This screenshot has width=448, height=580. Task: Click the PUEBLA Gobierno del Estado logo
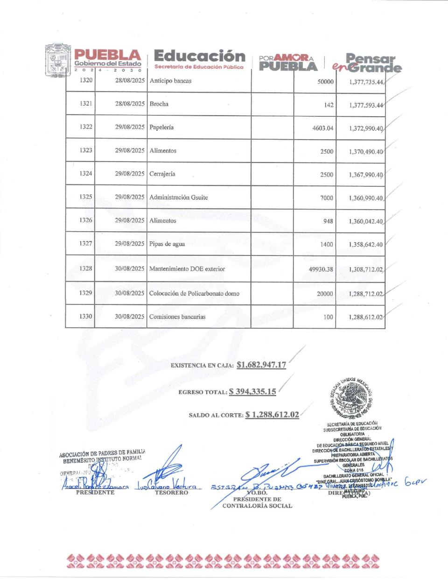pos(107,60)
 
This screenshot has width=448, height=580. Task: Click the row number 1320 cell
pos(86,80)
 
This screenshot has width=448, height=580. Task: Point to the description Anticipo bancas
pos(170,81)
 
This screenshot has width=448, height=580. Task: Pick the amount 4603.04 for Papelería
pos(323,128)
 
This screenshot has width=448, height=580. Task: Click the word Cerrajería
pos(162,174)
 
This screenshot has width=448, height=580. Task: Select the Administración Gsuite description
pos(179,197)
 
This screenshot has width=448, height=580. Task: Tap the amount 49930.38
pos(319,269)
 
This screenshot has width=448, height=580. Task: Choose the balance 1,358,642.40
pos(365,245)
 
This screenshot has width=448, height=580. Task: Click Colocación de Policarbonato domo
pos(194,293)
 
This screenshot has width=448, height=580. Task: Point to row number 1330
pos(86,317)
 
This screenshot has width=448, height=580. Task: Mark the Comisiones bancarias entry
pos(177,317)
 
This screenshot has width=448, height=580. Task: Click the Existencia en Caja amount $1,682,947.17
pos(261,365)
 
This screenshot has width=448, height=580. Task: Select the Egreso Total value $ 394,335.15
pos(252,392)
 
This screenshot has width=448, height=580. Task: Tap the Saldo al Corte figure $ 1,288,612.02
pos(272,415)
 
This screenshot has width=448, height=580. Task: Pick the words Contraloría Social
pos(257,506)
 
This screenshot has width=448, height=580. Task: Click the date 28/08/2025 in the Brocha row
pos(130,104)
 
